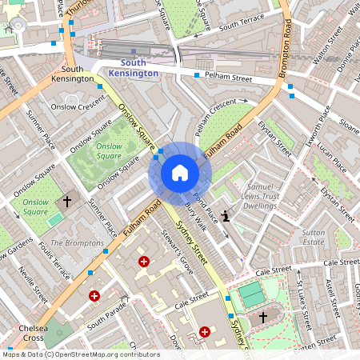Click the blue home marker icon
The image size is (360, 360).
(180, 173)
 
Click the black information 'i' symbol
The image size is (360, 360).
(226, 215)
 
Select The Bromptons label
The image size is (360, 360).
(77, 242)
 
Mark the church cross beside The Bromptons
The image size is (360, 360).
(67, 202)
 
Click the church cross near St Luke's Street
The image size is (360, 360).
(263, 318)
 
